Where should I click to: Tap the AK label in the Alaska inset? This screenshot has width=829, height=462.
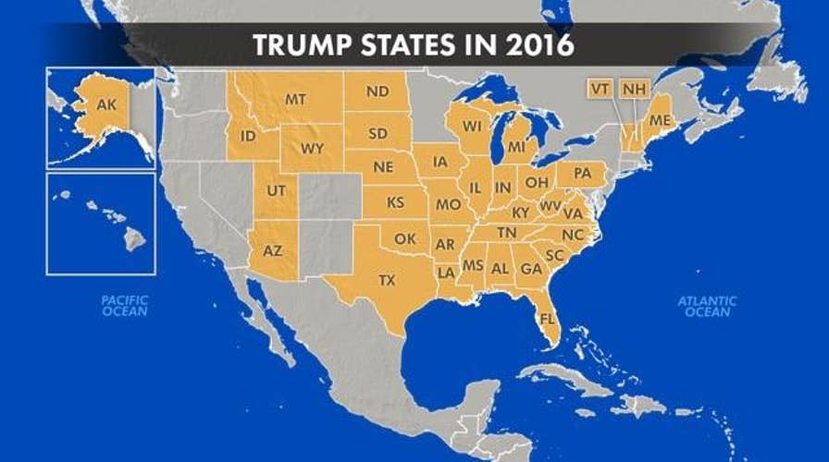[x=106, y=105]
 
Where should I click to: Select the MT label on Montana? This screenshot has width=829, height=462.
[x=296, y=99]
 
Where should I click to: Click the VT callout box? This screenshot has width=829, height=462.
[x=600, y=89]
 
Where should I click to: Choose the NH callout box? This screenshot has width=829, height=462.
[x=634, y=89]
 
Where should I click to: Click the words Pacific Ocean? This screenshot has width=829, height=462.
[x=125, y=306]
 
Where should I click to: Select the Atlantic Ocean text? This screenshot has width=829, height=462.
[x=707, y=306]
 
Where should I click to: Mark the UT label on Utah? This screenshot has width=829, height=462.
[x=275, y=188]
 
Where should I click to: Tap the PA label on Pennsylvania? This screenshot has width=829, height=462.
[x=583, y=173]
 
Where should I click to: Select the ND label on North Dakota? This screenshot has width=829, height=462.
[x=377, y=91]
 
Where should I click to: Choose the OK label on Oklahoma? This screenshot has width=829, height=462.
[x=405, y=238]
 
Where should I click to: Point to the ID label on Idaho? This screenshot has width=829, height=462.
[x=248, y=137]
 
